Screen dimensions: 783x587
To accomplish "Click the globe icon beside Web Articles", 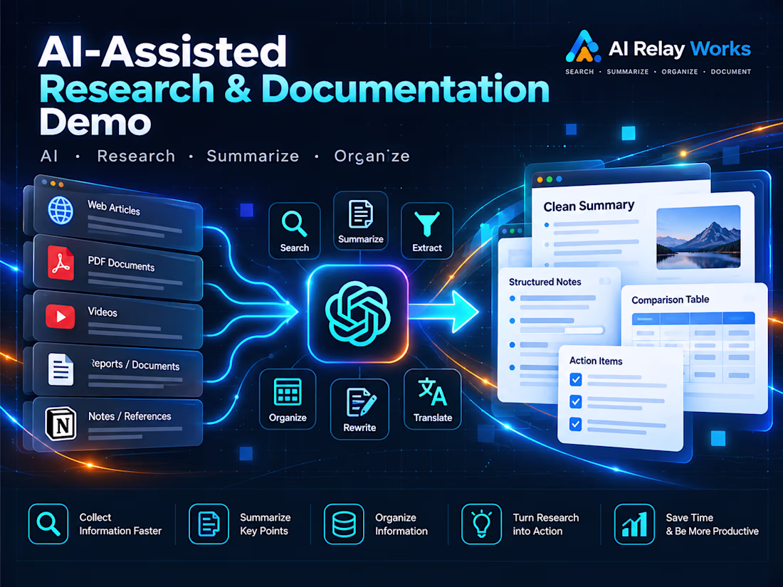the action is tap(61, 210).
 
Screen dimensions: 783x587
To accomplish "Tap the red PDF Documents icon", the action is tap(61, 263).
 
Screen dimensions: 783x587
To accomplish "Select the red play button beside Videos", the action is tap(60, 317).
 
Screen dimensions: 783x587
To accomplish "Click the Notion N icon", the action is tap(61, 424).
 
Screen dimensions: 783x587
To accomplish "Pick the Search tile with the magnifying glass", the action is tap(294, 231).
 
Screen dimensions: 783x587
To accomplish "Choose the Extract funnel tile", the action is tap(427, 231).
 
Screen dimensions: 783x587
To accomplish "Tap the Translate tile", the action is tap(433, 399).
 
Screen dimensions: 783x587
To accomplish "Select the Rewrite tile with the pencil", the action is tap(359, 409).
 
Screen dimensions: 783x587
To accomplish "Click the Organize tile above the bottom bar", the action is tap(288, 399).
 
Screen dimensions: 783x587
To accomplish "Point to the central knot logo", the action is tap(357, 314).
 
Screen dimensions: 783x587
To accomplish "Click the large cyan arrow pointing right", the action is tap(443, 312).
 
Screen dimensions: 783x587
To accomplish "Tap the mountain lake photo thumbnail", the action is tap(698, 238).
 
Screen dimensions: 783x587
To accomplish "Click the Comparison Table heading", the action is tap(670, 300).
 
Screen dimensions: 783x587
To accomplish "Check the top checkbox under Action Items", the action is tap(576, 379).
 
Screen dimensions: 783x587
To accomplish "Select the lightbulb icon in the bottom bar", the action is tap(481, 524).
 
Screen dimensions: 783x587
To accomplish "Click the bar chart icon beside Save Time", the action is tap(634, 524).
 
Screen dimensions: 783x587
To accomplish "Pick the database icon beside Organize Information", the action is tap(344, 524).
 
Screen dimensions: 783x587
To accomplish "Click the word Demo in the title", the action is tap(95, 122).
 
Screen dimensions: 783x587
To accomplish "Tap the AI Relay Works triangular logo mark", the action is tap(583, 47).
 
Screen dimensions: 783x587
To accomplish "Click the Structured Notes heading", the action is tap(545, 282).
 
